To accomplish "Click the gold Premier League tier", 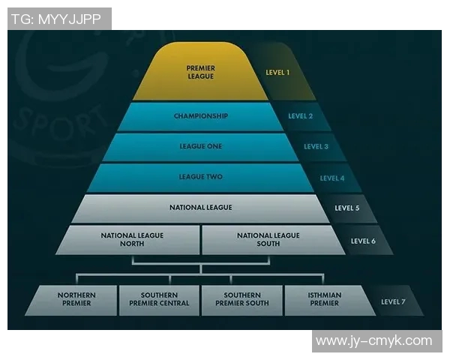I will click(x=200, y=72).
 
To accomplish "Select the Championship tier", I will click(x=200, y=116).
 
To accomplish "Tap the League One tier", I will click(x=200, y=147).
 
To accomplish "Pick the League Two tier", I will click(x=200, y=178).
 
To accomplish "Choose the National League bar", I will click(x=200, y=208).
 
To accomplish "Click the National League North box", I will click(x=132, y=239).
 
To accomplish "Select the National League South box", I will click(x=268, y=239).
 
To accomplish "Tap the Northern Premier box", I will click(x=75, y=300).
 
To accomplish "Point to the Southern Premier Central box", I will click(x=160, y=300).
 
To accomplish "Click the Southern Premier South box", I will click(x=241, y=300).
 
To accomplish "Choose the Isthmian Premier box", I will click(x=324, y=300).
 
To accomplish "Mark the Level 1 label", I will click(x=277, y=73).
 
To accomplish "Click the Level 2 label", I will click(x=301, y=117).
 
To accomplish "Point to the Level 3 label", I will click(x=316, y=147).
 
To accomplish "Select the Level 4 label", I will click(x=331, y=178).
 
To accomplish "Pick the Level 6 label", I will click(x=364, y=241).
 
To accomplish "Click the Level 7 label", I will click(x=394, y=301).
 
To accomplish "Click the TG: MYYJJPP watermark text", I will click(x=58, y=19).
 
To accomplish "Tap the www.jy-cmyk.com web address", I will click(x=373, y=341).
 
